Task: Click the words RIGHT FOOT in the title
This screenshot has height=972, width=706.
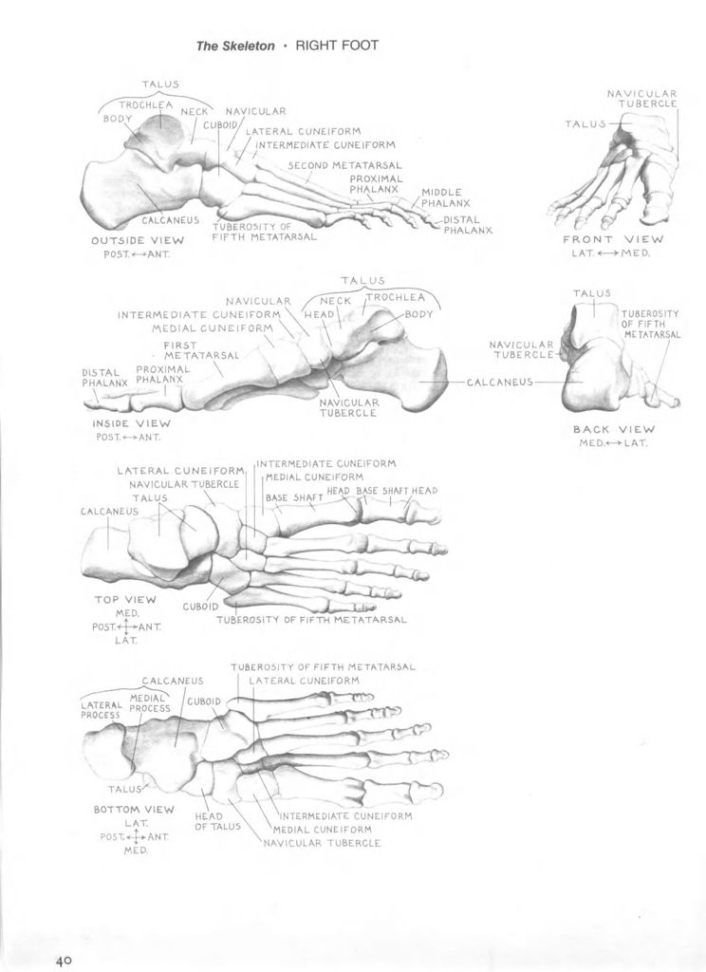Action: pyautogui.click(x=337, y=46)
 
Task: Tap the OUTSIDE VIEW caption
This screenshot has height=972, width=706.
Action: pyautogui.click(x=138, y=240)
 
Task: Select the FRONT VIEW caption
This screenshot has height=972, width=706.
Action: pyautogui.click(x=612, y=239)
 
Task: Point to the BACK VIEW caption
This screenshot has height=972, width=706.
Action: pyautogui.click(x=614, y=429)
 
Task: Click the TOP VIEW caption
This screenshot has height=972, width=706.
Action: pyautogui.click(x=125, y=600)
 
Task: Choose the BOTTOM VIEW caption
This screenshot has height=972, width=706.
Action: pyautogui.click(x=134, y=809)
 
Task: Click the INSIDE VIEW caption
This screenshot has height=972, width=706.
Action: pyautogui.click(x=131, y=423)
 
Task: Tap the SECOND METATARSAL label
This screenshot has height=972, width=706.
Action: pyautogui.click(x=344, y=165)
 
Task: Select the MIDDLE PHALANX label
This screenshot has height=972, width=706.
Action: pyautogui.click(x=446, y=197)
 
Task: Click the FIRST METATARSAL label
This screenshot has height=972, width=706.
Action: pyautogui.click(x=201, y=350)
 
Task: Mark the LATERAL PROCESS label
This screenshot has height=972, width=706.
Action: pyautogui.click(x=101, y=710)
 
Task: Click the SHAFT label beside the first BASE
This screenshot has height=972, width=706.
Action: pyautogui.click(x=308, y=497)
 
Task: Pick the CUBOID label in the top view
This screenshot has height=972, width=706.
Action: pyautogui.click(x=200, y=607)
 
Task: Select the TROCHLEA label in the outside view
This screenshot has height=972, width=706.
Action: pyautogui.click(x=146, y=104)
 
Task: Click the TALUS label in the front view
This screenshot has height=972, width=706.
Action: pyautogui.click(x=585, y=124)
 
